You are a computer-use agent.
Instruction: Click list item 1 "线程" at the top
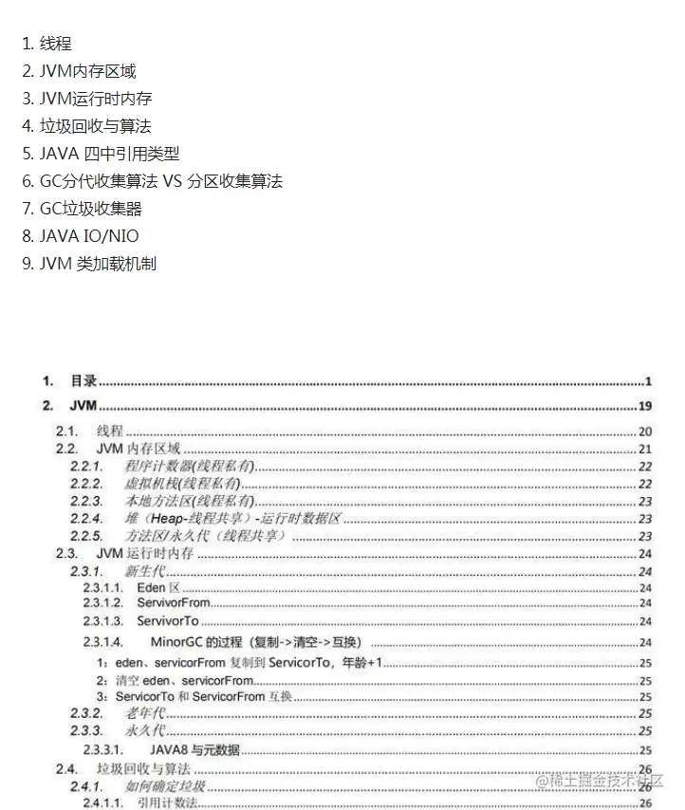click(55, 44)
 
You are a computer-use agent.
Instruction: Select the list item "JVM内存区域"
click(87, 71)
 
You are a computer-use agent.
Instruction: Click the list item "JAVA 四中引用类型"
click(109, 154)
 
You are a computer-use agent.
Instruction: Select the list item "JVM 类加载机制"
click(98, 264)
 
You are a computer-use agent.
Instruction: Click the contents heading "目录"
click(83, 381)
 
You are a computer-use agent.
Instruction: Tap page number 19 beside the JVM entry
click(644, 407)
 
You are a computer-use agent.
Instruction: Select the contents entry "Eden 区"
click(152, 588)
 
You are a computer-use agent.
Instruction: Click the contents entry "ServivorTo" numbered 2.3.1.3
click(168, 621)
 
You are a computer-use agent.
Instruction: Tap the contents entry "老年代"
click(146, 713)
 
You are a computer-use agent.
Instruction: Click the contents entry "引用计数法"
click(167, 803)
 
